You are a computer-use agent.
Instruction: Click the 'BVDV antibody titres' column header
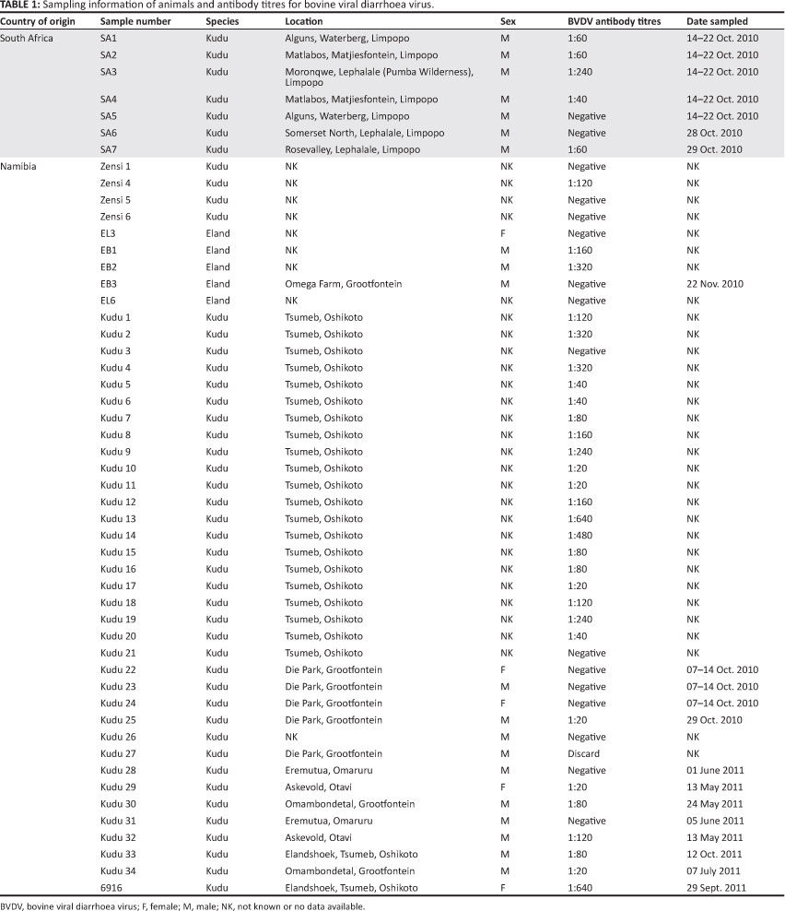[616, 20]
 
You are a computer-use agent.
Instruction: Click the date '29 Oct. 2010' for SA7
[715, 149]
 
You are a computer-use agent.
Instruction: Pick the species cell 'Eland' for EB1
[217, 251]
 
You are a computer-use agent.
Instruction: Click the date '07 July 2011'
[714, 870]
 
